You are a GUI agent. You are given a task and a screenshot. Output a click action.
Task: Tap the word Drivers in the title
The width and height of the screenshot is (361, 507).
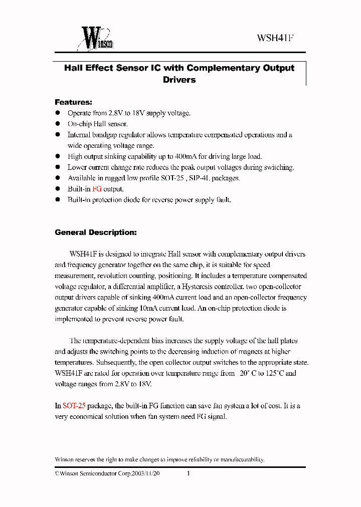[x=179, y=80]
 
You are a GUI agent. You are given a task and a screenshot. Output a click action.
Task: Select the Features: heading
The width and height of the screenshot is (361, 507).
[x=73, y=102]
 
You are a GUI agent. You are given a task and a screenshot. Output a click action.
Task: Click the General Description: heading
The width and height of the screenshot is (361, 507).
[x=95, y=232]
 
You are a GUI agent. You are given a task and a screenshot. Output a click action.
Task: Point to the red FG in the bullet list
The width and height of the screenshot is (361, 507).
[x=97, y=189]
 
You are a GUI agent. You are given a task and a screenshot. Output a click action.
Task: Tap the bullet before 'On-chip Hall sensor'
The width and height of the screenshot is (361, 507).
[x=58, y=124]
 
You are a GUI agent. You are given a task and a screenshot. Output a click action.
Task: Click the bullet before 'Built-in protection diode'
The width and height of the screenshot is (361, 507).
[x=58, y=200]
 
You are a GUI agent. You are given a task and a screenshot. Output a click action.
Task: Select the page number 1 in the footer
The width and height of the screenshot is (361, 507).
[x=188, y=473]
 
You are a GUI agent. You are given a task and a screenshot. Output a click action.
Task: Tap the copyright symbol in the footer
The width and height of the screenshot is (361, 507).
[x=57, y=473]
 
